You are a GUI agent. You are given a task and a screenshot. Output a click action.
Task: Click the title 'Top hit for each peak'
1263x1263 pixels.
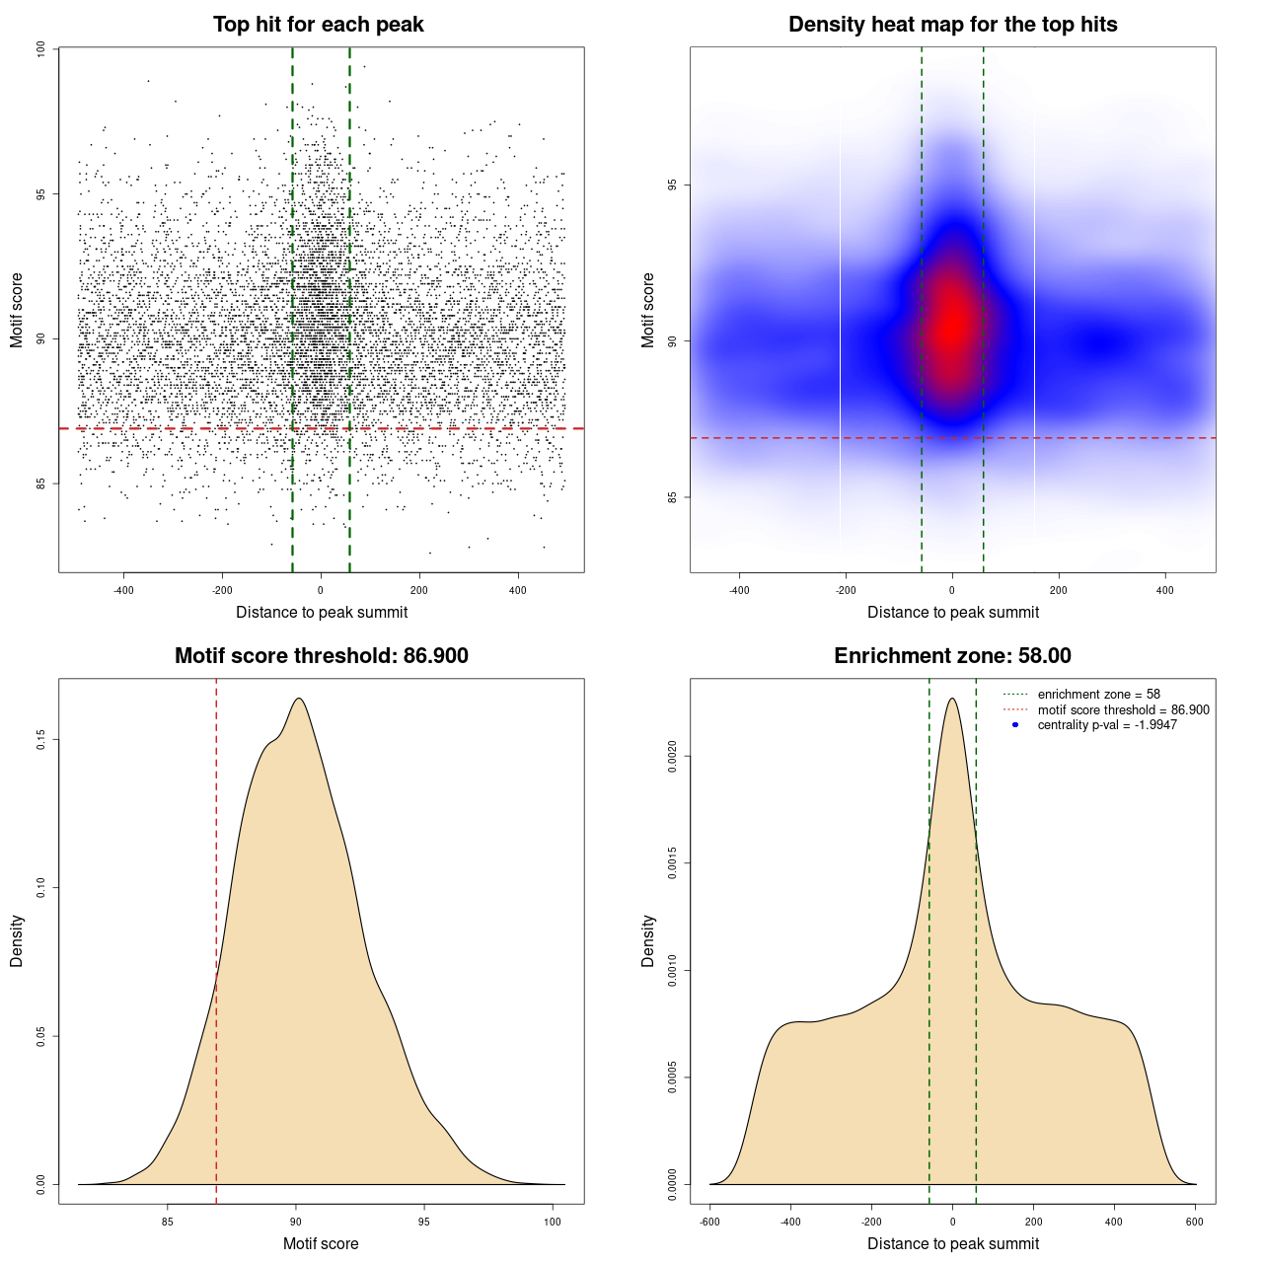(x=318, y=25)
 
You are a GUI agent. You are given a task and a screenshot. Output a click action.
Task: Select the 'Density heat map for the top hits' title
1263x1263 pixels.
(x=952, y=25)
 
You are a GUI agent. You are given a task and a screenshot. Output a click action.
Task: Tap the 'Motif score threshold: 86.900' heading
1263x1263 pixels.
(x=321, y=656)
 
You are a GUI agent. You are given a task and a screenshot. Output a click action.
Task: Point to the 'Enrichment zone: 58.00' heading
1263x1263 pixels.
(x=952, y=656)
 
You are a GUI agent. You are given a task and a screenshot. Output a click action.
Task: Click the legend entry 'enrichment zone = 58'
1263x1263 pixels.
(x=1098, y=695)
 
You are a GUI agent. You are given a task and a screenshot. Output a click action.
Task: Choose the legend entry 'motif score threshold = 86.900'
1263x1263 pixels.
(x=1123, y=709)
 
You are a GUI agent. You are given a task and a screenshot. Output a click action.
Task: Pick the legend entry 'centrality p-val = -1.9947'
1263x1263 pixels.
(x=1107, y=725)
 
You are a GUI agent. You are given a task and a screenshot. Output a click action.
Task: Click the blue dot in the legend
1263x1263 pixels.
(x=1015, y=725)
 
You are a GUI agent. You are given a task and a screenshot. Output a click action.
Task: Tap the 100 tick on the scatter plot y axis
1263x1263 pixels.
(x=40, y=49)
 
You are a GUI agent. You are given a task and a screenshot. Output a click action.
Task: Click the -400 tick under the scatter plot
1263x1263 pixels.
(x=123, y=590)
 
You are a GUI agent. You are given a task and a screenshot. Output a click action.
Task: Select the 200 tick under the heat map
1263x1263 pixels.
(x=1059, y=590)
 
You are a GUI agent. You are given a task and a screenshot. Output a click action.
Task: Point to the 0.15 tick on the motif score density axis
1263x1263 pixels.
(x=40, y=740)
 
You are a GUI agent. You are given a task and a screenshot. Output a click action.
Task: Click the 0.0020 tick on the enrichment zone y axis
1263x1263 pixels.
(x=672, y=757)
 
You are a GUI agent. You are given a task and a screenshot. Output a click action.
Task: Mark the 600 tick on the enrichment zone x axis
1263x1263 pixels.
(x=1195, y=1222)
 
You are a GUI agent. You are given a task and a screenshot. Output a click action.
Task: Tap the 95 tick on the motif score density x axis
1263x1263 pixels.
(x=424, y=1222)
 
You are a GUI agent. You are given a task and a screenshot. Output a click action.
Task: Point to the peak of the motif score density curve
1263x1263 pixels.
(x=298, y=699)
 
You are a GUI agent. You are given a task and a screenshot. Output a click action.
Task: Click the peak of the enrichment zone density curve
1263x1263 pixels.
(x=952, y=699)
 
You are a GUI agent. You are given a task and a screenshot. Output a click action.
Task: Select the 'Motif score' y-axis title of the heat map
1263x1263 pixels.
(x=648, y=310)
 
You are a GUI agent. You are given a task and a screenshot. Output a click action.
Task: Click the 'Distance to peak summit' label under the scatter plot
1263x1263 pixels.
(x=322, y=613)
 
